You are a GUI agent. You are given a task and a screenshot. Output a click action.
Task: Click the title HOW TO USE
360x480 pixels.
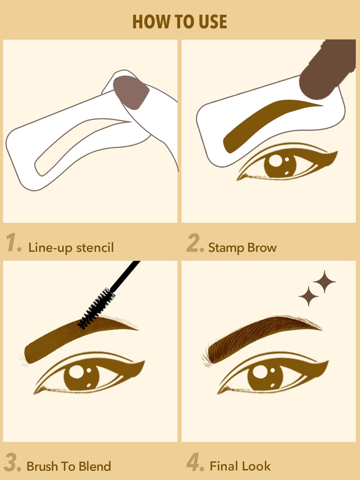click(x=180, y=22)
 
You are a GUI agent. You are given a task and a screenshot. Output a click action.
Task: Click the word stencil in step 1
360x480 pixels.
click(x=95, y=248)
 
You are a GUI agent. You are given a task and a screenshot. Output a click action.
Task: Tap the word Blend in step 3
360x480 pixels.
click(x=95, y=466)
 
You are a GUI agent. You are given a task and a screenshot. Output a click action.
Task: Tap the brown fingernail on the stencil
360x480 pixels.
click(x=131, y=92)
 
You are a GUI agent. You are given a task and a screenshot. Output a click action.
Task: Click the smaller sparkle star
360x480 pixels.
click(x=308, y=296)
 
